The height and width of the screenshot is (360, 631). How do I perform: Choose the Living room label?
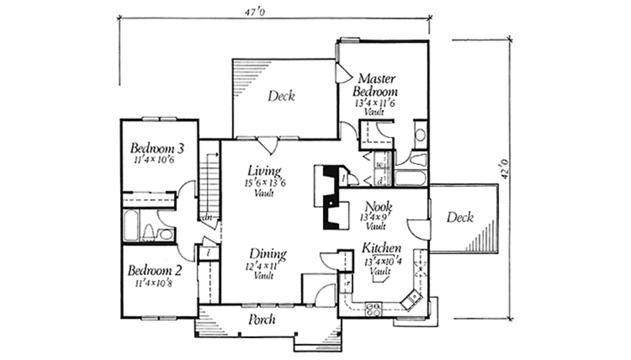coord(264,171)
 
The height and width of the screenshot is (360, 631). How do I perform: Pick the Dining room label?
coord(267,253)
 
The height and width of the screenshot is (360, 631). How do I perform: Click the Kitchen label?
coord(381,248)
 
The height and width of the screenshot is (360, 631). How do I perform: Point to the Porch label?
coord(261,320)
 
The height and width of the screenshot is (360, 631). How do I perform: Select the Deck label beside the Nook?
coord(460,217)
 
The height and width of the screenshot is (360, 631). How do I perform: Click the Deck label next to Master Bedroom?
coord(281,96)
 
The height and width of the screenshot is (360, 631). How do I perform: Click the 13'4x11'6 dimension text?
coord(374,104)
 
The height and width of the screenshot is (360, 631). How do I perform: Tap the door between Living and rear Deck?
coord(267,145)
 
